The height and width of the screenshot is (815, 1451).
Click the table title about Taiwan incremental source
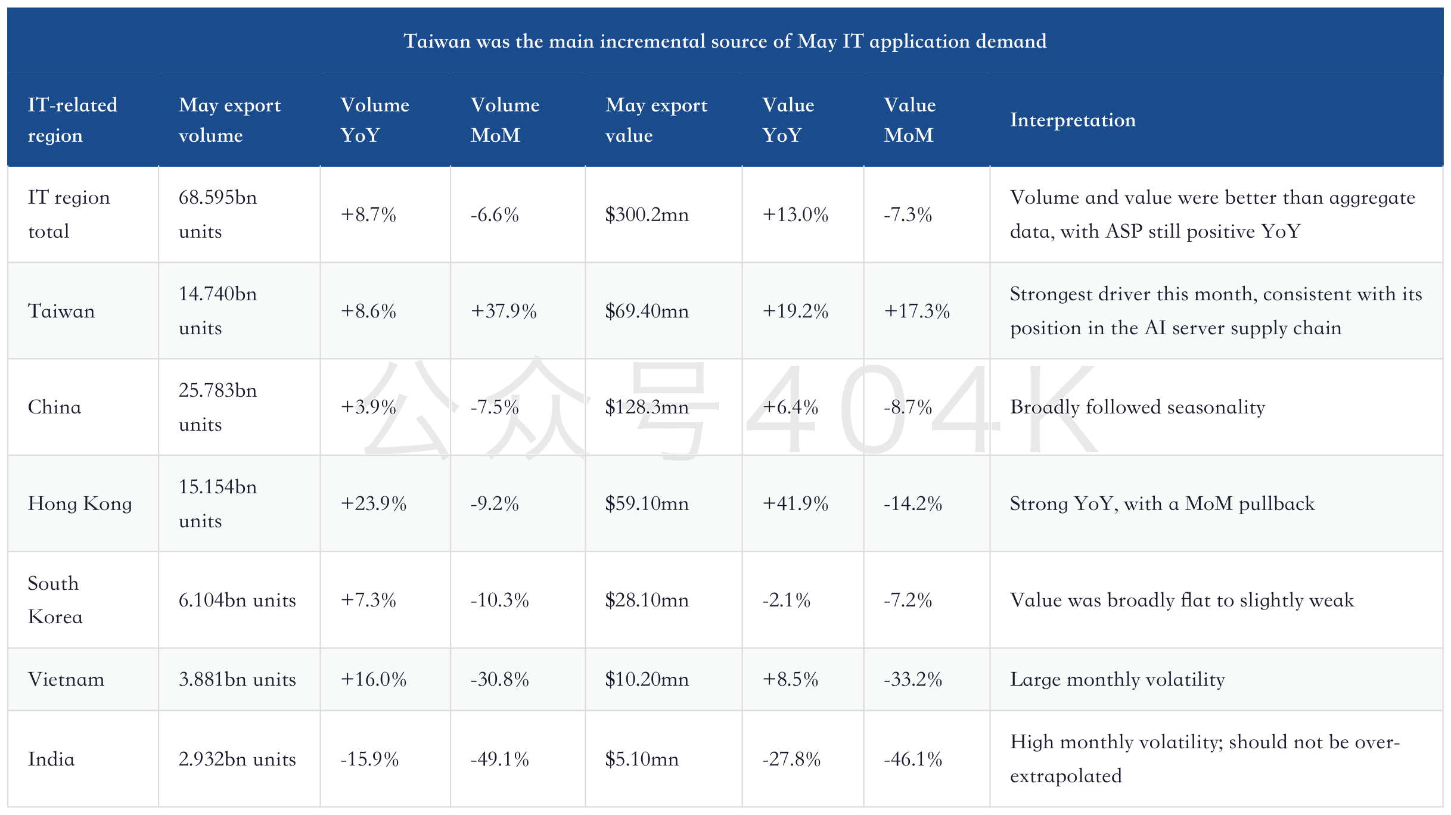(x=725, y=41)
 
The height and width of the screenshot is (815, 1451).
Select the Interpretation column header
(x=1073, y=120)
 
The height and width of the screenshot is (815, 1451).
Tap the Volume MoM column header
(x=505, y=120)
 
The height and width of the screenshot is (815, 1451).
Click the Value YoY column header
(x=788, y=120)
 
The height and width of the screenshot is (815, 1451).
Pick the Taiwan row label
(x=61, y=311)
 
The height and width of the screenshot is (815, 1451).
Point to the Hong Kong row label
(x=80, y=504)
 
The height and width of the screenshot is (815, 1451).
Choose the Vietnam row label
(x=66, y=679)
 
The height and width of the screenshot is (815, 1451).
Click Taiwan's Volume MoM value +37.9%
(x=504, y=311)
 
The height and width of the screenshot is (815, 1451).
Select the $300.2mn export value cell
(x=647, y=214)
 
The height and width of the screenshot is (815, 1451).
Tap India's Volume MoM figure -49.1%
(x=499, y=759)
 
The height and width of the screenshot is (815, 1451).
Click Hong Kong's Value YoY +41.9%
(x=795, y=504)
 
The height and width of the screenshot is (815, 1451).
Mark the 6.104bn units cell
(x=237, y=600)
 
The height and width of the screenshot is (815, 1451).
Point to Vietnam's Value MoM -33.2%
(x=913, y=679)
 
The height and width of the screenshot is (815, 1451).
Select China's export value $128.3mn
(x=647, y=407)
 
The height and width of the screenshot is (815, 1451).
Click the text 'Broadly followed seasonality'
(x=1138, y=407)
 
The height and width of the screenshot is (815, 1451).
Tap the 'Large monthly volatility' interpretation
(x=1117, y=679)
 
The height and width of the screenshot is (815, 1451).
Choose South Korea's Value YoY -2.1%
(x=786, y=600)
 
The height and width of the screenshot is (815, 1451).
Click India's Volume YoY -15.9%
(x=369, y=759)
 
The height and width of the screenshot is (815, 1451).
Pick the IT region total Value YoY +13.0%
(x=795, y=214)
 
